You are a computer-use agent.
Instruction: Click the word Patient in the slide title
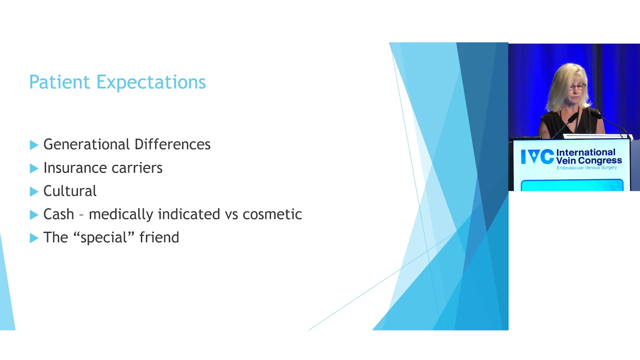coord(60,82)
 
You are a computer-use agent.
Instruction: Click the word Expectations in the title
coord(151,83)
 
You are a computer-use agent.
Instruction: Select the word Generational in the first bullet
coord(87,144)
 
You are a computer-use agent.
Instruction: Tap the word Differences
coord(173,144)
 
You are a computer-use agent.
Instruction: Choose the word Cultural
coord(70,191)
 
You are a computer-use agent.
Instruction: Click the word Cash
coord(59,214)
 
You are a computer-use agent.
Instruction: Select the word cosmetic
coord(272,214)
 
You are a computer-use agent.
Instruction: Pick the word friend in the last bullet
coord(159,237)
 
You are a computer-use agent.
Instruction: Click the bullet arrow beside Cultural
coord(34,192)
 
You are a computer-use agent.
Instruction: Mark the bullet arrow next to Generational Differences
coord(34,145)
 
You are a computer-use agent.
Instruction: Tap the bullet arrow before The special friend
coord(34,238)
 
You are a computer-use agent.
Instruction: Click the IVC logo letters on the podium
coord(537,157)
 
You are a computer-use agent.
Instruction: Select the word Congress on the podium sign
coord(600,161)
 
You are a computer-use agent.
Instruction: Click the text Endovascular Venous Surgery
coord(587,168)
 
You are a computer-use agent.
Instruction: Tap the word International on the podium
coord(586,152)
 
